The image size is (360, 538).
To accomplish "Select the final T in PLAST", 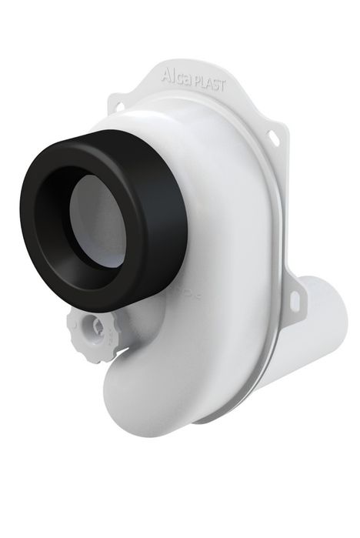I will point(223,87).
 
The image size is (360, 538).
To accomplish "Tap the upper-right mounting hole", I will point(273,138).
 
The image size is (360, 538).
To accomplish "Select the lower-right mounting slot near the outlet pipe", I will point(295,302).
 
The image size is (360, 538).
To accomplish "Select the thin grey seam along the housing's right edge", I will point(271,323).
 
